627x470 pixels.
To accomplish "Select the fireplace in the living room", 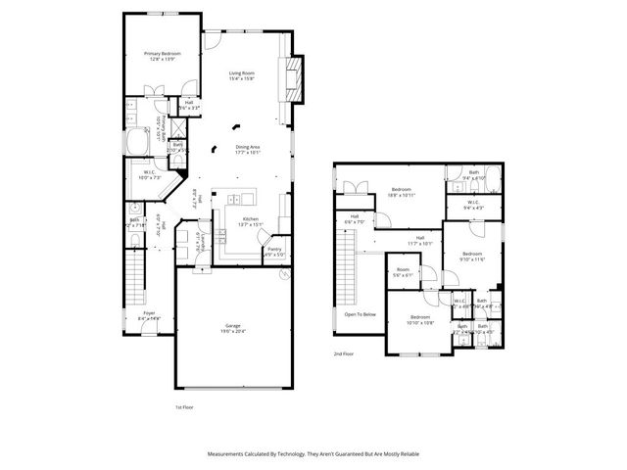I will [x=291, y=79].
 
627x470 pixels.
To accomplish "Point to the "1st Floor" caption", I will [x=185, y=406].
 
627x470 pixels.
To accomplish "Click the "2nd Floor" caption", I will [x=344, y=352].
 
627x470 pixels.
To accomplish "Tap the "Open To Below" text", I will [x=361, y=314].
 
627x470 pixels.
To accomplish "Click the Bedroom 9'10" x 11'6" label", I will [x=474, y=257].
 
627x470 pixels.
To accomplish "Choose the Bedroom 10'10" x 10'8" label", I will [x=420, y=319].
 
